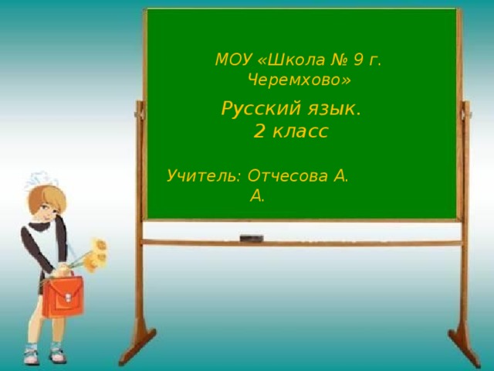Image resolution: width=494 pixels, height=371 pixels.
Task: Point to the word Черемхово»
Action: coord(299,80)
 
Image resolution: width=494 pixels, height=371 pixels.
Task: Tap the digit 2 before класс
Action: coord(260,132)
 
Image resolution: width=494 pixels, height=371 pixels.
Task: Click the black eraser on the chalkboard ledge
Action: coord(251,238)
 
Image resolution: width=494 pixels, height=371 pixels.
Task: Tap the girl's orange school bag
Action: coord(62,297)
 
